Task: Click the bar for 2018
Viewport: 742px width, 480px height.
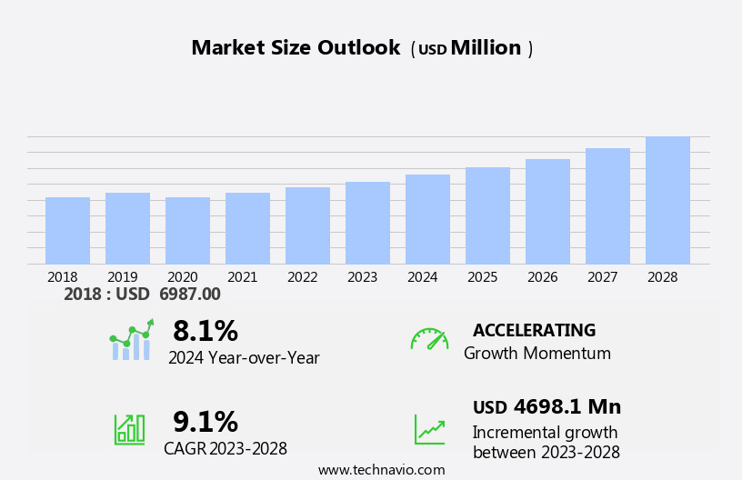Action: coord(67,231)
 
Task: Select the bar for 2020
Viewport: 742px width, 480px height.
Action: coord(187,231)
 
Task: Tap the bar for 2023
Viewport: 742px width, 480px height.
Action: coord(367,224)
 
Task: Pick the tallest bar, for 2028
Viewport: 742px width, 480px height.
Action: coord(667,201)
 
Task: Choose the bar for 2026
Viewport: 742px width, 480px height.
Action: coord(547,212)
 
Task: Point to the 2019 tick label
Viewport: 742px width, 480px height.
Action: coord(123,277)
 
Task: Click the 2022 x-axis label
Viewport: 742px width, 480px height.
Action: coord(303,277)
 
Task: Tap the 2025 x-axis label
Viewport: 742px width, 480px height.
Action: coord(483,277)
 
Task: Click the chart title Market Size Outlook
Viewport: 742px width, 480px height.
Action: coord(296,48)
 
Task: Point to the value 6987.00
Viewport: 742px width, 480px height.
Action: coord(190,295)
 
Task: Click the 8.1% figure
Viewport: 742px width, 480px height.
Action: coord(206,331)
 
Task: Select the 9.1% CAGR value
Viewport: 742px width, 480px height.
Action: coord(206,422)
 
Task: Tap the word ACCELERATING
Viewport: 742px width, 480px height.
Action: coord(534,331)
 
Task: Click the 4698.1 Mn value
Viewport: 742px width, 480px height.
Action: coord(567,407)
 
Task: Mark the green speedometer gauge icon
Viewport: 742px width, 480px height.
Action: coord(429,339)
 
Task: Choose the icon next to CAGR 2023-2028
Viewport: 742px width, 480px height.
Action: coord(129,428)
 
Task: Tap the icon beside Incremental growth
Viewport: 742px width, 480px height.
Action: coord(429,429)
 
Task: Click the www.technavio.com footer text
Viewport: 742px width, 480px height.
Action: coord(381,470)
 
